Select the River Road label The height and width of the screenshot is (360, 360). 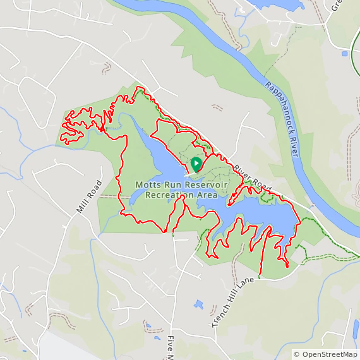pos(252,179)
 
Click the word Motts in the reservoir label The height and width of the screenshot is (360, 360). pos(148,185)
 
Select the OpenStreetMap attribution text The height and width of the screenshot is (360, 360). pos(325,355)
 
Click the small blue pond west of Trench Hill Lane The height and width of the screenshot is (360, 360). pos(198,304)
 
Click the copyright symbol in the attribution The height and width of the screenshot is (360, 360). pos(296,355)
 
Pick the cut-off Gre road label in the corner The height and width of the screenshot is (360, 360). pos(335,6)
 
